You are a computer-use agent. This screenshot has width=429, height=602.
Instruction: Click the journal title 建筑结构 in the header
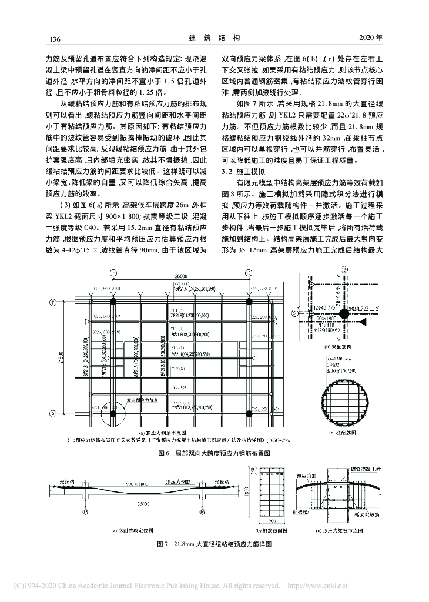214,38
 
